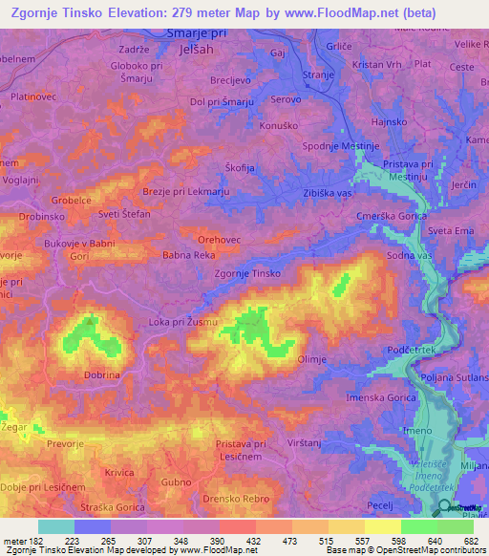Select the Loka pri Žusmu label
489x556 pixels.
click(183, 322)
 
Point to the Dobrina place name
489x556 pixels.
click(102, 376)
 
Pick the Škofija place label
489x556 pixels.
click(239, 168)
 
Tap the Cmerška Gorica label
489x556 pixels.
click(391, 216)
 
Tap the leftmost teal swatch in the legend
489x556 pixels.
click(55, 526)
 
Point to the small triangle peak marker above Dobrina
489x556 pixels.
click(90, 321)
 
